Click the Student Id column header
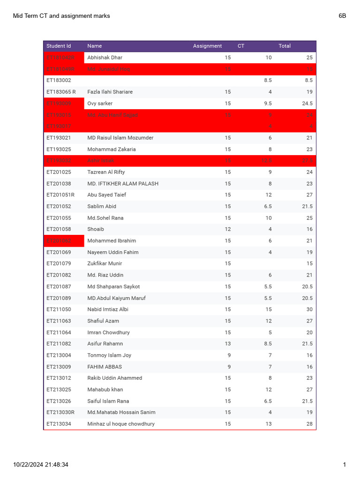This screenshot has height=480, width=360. [59, 46]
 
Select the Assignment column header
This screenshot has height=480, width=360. [207, 46]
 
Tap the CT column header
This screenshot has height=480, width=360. [241, 46]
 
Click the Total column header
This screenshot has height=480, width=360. [285, 46]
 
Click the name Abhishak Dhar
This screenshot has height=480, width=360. [105, 58]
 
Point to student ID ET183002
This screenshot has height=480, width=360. [59, 81]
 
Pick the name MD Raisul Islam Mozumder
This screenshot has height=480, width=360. [120, 138]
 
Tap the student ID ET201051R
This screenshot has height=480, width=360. [60, 195]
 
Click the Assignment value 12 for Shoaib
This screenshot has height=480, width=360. [227, 229]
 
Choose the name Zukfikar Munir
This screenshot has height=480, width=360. [105, 263]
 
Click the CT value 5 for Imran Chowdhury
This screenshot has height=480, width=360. [270, 332]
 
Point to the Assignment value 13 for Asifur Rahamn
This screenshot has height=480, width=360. [227, 344]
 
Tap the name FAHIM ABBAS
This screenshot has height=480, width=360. [105, 367]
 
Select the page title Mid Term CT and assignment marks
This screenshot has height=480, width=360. [61, 16]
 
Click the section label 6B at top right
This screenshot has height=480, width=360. [342, 16]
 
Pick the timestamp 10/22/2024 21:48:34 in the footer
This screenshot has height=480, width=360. [41, 465]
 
